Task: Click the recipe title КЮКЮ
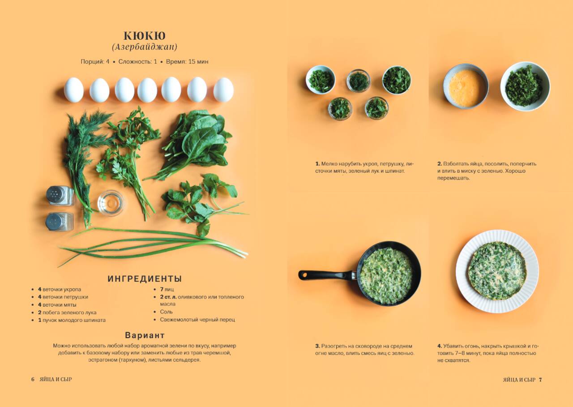(145, 36)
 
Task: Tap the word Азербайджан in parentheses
(145, 47)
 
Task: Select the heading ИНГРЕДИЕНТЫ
(145, 278)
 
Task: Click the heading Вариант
(145, 335)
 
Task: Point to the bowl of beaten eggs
(466, 86)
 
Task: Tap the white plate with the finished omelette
(497, 271)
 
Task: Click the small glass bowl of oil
(111, 203)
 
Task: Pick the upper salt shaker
(60, 196)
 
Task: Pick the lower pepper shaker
(60, 222)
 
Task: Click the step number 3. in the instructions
(317, 346)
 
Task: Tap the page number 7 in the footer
(540, 380)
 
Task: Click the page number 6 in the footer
(33, 379)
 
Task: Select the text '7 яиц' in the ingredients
(167, 289)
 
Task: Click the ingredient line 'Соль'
(166, 312)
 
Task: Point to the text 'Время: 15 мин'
(187, 62)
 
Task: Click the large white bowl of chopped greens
(525, 86)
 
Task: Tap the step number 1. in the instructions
(317, 164)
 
